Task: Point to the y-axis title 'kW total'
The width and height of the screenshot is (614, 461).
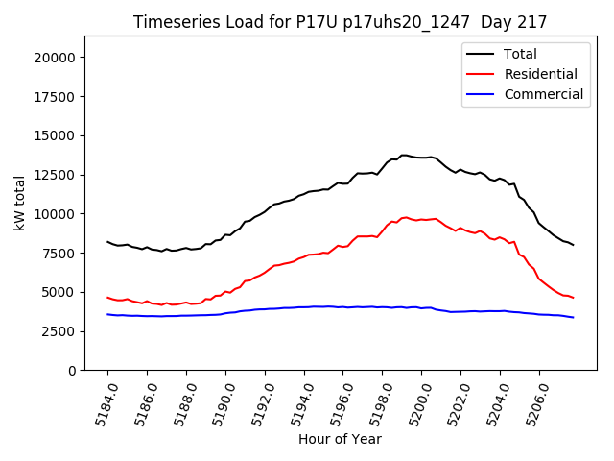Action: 20,204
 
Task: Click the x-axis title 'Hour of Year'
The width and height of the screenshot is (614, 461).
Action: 340,439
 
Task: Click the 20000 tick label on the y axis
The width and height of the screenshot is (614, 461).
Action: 55,58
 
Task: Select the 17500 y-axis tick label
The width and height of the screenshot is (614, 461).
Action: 55,97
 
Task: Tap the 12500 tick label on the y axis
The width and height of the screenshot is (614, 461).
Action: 55,175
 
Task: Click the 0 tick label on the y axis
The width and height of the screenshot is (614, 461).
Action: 72,371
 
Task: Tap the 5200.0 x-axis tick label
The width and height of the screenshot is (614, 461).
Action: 411,403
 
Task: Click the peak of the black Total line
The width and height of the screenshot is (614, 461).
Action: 404,155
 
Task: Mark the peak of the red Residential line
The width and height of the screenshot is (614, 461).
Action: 406,217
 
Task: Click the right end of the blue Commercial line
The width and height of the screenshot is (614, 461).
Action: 574,317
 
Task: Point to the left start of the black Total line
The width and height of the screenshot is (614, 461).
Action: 107,242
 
